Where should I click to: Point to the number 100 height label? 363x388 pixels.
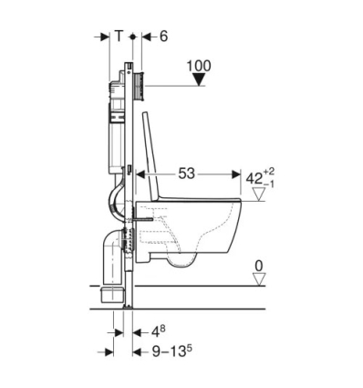click(200, 65)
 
